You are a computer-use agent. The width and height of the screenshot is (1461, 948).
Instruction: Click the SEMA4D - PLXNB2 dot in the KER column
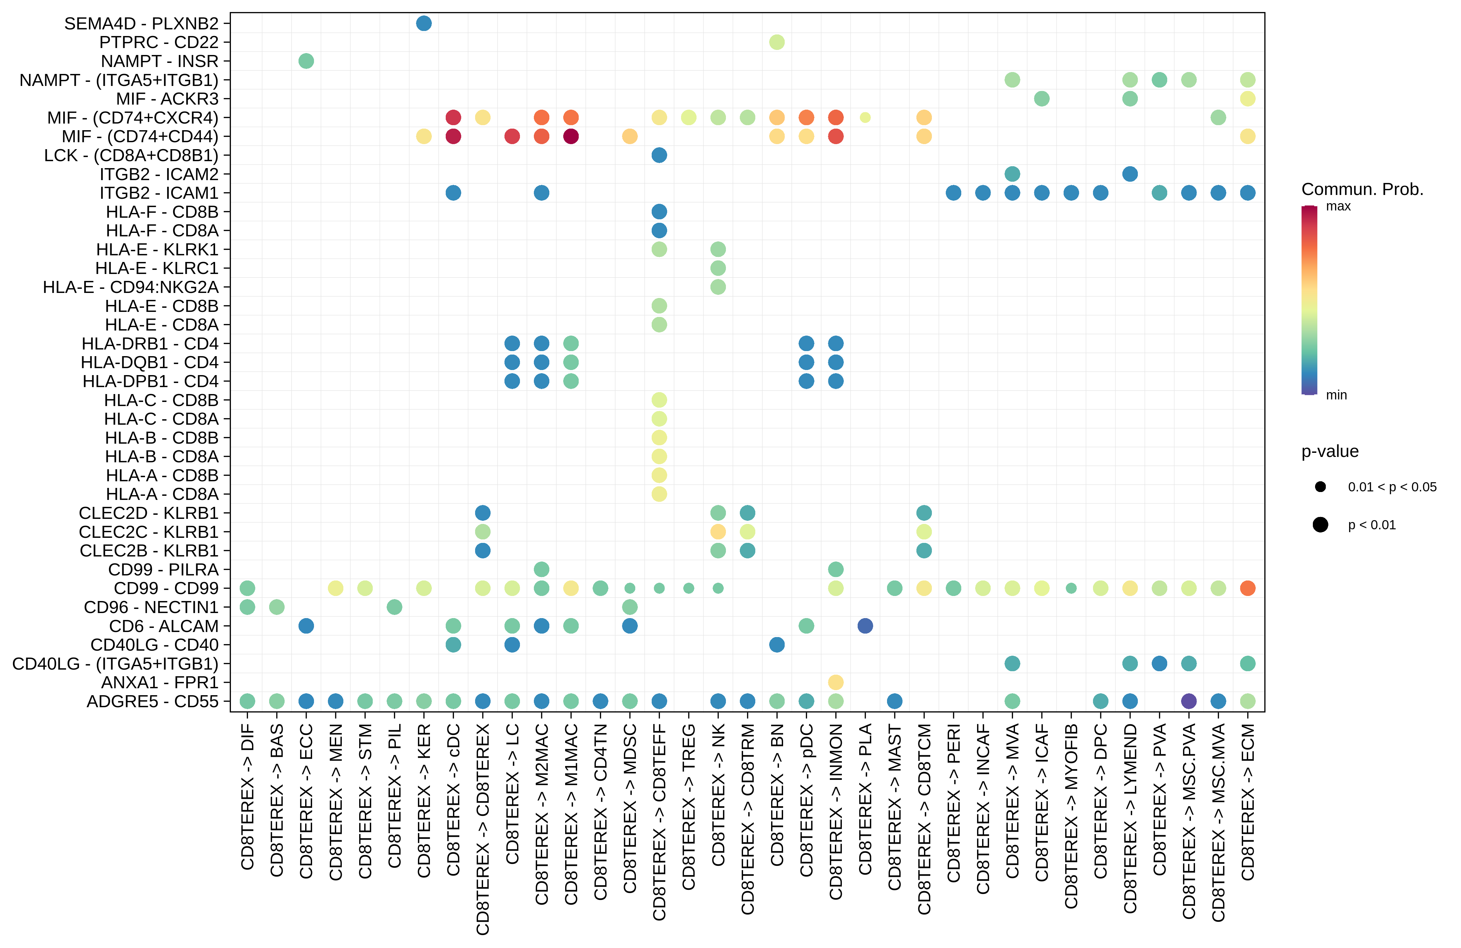[424, 23]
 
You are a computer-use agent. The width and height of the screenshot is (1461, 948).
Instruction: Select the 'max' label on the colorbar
[1338, 206]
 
